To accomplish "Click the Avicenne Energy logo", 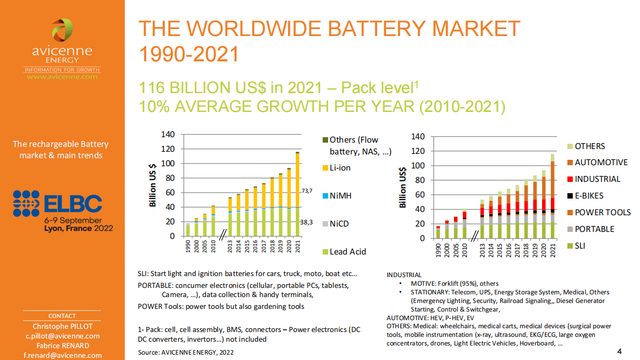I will (62, 48).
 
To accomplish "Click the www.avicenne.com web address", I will (62, 77).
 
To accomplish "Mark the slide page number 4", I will (620, 351).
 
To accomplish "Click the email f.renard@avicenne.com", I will (62, 356).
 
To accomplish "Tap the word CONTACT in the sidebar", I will (62, 316).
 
